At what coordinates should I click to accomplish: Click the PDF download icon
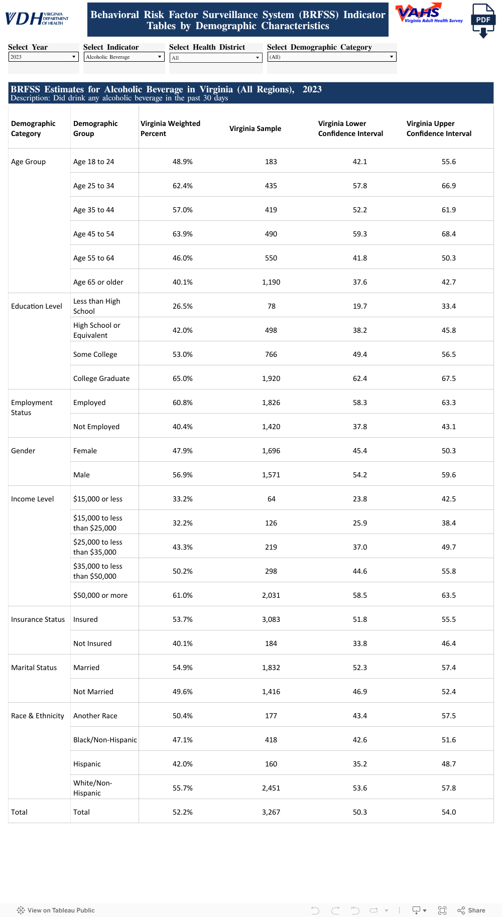483,21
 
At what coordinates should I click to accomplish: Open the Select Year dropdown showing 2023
44,57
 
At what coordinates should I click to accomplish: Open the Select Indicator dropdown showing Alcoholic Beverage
123,57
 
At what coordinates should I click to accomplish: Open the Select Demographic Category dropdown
331,57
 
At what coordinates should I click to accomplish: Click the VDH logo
36,19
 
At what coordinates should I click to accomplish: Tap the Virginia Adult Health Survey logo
429,14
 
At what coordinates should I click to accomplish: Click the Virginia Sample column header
255,128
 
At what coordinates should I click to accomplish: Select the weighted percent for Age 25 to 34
182,186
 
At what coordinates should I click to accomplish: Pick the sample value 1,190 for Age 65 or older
271,282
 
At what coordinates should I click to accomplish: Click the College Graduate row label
101,378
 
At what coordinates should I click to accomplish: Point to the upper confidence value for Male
448,475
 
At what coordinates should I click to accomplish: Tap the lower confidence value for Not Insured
359,643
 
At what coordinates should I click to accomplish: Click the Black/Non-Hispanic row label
105,740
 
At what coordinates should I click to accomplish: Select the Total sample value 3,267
271,812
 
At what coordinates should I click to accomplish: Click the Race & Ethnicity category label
38,716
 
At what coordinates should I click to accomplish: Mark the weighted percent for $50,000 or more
182,595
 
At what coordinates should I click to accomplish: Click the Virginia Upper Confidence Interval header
439,128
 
